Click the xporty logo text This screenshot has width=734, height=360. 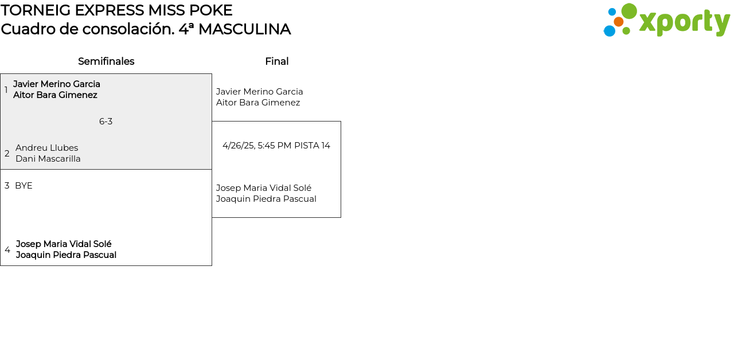[x=685, y=22]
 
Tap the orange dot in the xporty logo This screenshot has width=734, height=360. [x=618, y=22]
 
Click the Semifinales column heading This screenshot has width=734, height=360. [x=106, y=61]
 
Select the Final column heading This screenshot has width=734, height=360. [x=277, y=61]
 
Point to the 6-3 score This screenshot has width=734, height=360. [x=106, y=122]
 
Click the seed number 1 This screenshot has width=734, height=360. [x=6, y=89]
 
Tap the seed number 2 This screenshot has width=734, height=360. [x=7, y=153]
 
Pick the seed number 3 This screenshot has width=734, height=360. [x=7, y=186]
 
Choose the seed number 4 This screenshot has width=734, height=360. [x=7, y=249]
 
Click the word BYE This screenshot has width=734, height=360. [x=24, y=186]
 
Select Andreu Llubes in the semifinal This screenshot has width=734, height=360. [x=47, y=148]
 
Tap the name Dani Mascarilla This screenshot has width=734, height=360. [x=48, y=159]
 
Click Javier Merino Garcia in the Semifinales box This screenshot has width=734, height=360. [x=57, y=84]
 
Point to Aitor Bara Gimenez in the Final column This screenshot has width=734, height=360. [x=258, y=103]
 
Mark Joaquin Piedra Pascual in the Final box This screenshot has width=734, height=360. [x=266, y=199]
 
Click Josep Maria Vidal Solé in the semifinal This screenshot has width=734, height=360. [x=64, y=244]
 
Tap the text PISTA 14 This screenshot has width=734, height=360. [x=313, y=146]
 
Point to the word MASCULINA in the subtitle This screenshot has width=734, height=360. [x=244, y=29]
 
